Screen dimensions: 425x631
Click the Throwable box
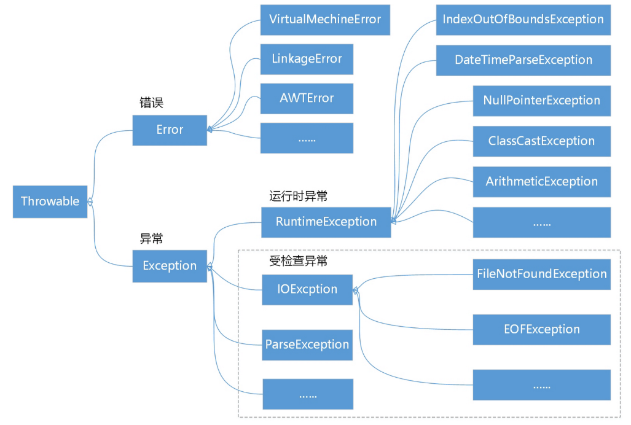tap(50, 201)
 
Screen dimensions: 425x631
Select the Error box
tap(170, 130)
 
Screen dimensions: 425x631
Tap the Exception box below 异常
tap(170, 266)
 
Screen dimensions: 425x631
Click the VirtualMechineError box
tap(325, 20)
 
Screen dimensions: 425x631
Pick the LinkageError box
tap(307, 59)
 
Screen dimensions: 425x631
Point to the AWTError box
tap(307, 98)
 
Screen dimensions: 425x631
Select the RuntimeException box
tap(326, 222)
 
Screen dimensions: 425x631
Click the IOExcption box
tap(307, 289)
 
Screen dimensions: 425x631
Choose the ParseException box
tap(307, 345)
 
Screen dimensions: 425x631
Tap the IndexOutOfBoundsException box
tap(523, 20)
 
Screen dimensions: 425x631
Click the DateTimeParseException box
tap(523, 60)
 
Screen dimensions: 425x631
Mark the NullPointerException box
tap(541, 101)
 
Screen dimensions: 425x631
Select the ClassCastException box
tap(541, 141)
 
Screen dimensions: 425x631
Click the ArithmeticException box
tap(541, 182)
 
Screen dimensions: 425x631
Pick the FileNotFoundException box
tap(541, 274)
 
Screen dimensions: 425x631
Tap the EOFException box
tap(541, 329)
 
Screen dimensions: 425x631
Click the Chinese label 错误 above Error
tap(152, 103)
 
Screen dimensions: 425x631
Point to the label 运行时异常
tap(298, 197)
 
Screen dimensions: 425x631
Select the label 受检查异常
tap(298, 261)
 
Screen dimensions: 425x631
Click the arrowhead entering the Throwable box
tap(90, 201)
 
